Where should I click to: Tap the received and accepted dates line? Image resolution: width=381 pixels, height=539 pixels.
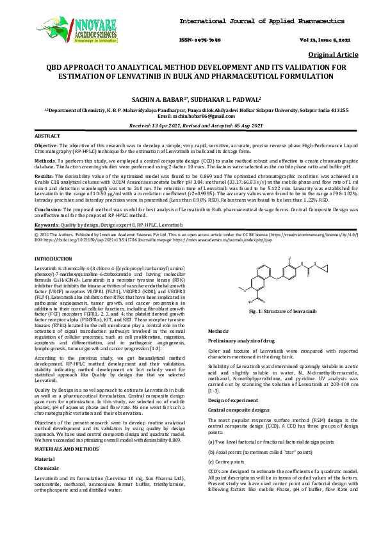tap(190, 126)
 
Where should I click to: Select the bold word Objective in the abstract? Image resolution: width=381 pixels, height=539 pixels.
tap(45, 147)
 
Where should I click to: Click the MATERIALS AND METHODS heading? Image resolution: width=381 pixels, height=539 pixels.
tap(67, 450)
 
